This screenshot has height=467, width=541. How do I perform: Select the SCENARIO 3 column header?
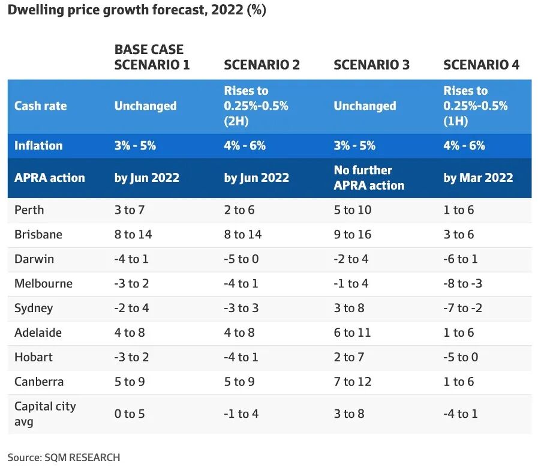372,65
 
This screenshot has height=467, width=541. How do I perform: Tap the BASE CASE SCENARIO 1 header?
152,57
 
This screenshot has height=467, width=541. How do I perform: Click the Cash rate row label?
40,106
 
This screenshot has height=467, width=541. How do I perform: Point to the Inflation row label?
38,145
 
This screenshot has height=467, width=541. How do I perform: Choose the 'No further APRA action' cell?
369,178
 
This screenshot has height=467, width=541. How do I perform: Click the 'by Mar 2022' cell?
478,178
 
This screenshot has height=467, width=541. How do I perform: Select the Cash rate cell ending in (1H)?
476,106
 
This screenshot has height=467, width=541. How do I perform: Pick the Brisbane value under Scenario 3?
352,235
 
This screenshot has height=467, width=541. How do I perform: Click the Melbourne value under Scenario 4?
462,283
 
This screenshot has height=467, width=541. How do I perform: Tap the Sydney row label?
34,309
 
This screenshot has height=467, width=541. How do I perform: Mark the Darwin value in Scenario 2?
241,259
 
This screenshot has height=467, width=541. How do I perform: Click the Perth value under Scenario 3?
352,210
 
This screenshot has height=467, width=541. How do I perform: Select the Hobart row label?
34,357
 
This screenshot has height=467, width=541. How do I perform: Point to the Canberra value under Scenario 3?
352,382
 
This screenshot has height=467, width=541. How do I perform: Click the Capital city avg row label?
45,414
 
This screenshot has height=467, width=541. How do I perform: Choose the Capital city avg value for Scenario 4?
460,414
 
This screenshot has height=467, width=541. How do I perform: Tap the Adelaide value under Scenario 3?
352,333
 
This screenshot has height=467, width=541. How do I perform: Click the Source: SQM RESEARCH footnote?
64,457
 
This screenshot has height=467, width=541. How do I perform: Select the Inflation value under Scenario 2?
245,145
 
